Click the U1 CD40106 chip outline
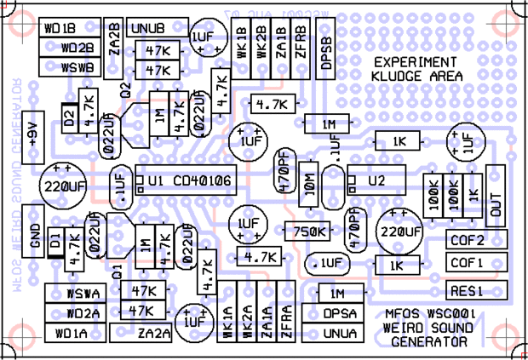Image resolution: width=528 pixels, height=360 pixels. click(190, 182)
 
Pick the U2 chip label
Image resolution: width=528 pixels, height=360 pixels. click(377, 181)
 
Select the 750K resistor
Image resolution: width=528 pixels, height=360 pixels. click(309, 231)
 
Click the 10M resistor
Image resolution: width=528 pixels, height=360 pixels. click(309, 181)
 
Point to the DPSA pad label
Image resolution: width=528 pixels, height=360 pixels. click(340, 313)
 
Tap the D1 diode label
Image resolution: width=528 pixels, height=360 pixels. click(55, 243)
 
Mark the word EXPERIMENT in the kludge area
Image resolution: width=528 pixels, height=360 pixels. click(415, 62)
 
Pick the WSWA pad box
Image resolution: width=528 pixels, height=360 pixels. click(83, 294)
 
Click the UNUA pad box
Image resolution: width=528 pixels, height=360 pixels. click(340, 333)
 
